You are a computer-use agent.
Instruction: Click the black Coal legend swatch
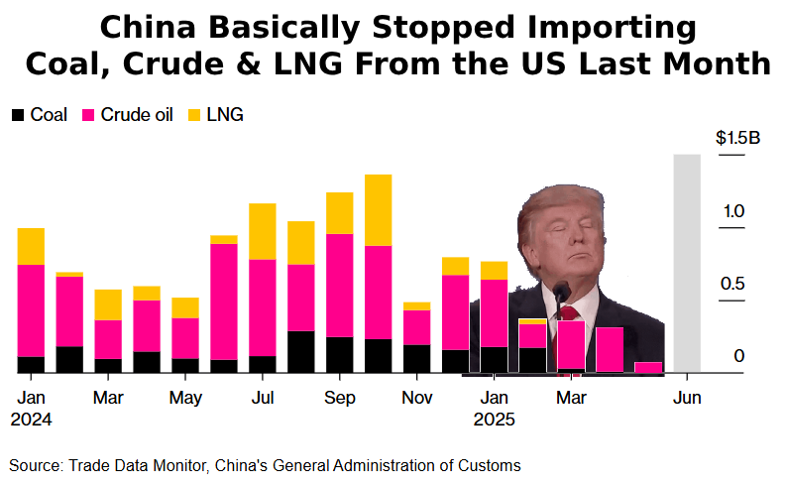click(18, 115)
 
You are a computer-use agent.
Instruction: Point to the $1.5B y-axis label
click(737, 138)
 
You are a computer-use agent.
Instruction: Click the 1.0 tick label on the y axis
click(732, 211)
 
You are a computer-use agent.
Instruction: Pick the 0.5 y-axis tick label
click(732, 285)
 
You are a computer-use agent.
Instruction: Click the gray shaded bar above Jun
click(687, 263)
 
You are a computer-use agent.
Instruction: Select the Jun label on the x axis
click(687, 398)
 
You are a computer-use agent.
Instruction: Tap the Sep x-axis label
click(340, 398)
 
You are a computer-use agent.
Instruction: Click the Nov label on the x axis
click(417, 398)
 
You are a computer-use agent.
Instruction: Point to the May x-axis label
click(185, 398)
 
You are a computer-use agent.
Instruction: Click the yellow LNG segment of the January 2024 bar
click(31, 246)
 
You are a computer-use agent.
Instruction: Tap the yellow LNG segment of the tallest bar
click(378, 209)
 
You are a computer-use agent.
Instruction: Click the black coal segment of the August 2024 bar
click(301, 351)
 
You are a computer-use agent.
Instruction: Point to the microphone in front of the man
click(561, 292)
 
